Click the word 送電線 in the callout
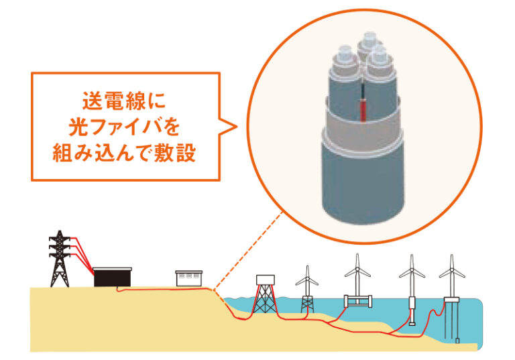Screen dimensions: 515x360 pos(114,101)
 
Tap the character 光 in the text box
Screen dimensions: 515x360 pos(79,127)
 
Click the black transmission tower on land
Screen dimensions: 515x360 pos(60,259)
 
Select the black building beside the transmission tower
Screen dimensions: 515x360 pos(113,278)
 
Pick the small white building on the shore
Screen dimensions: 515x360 pos(189,278)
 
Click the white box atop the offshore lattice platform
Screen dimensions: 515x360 pos(266,280)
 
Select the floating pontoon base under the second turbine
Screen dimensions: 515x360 pos(358,301)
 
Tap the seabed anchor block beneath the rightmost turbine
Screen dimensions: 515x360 pos(457,341)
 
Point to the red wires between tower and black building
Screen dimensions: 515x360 pos(81,255)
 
